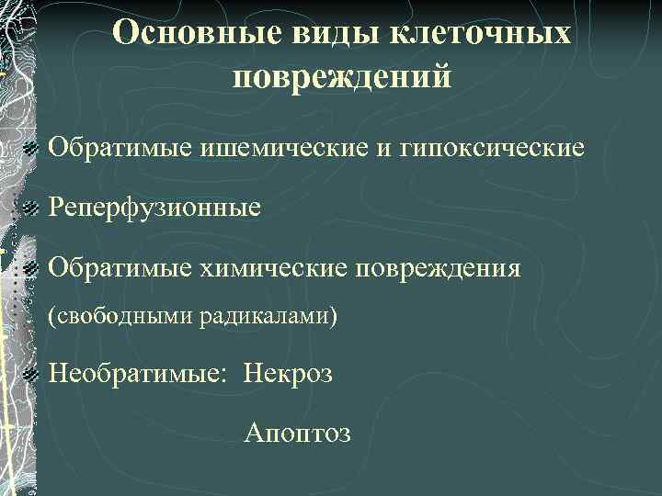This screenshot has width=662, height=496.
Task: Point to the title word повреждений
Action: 342,77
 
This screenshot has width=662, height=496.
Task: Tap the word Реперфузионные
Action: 154,208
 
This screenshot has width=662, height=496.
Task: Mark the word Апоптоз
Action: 297,433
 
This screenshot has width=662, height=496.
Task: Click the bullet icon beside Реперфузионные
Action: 32,209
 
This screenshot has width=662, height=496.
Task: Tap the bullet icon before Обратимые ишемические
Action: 32,147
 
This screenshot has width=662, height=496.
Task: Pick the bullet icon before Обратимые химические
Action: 32,269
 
